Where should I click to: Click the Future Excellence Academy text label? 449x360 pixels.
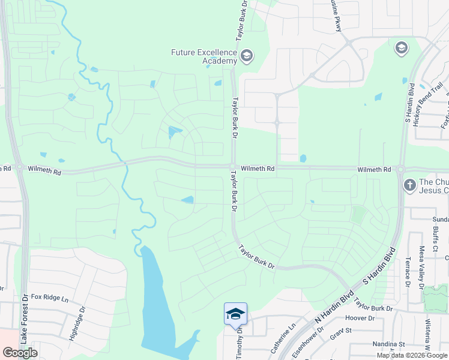pyautogui.click(x=204, y=57)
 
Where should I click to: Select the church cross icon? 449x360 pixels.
pyautogui.click(x=409, y=185)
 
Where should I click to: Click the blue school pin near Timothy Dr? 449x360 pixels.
pyautogui.click(x=235, y=314)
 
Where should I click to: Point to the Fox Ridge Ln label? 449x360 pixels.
pyautogui.click(x=50, y=297)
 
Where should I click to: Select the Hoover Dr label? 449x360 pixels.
pyautogui.click(x=360, y=318)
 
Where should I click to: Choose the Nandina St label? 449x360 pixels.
pyautogui.click(x=390, y=345)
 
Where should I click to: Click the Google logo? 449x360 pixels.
pyautogui.click(x=20, y=353)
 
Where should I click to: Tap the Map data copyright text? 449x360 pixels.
pyautogui.click(x=412, y=355)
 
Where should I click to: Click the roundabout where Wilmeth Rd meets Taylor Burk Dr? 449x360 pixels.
pyautogui.click(x=232, y=167)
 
